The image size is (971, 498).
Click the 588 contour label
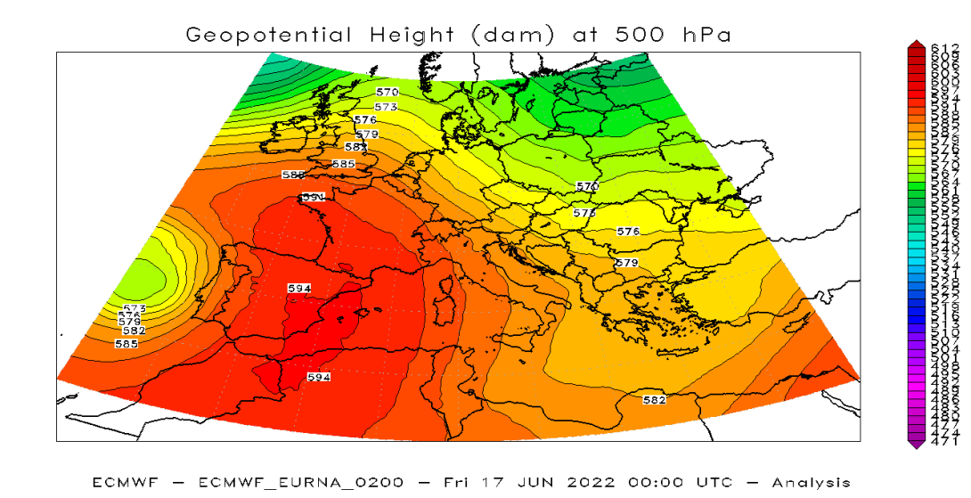tap(293, 176)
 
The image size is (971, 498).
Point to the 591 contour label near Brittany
tap(313, 197)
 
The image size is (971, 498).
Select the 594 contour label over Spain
tap(299, 288)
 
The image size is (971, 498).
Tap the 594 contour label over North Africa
tap(319, 377)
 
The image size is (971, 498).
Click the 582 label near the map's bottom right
tap(654, 400)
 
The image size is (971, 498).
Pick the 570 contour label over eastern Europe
tap(587, 186)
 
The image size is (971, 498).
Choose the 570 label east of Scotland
tap(388, 92)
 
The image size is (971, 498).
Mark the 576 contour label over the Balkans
tap(628, 232)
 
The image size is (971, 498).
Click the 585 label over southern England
tap(343, 164)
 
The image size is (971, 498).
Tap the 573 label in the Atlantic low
tap(134, 308)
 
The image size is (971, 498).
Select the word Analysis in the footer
tap(811, 482)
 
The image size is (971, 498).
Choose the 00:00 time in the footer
tap(656, 482)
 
